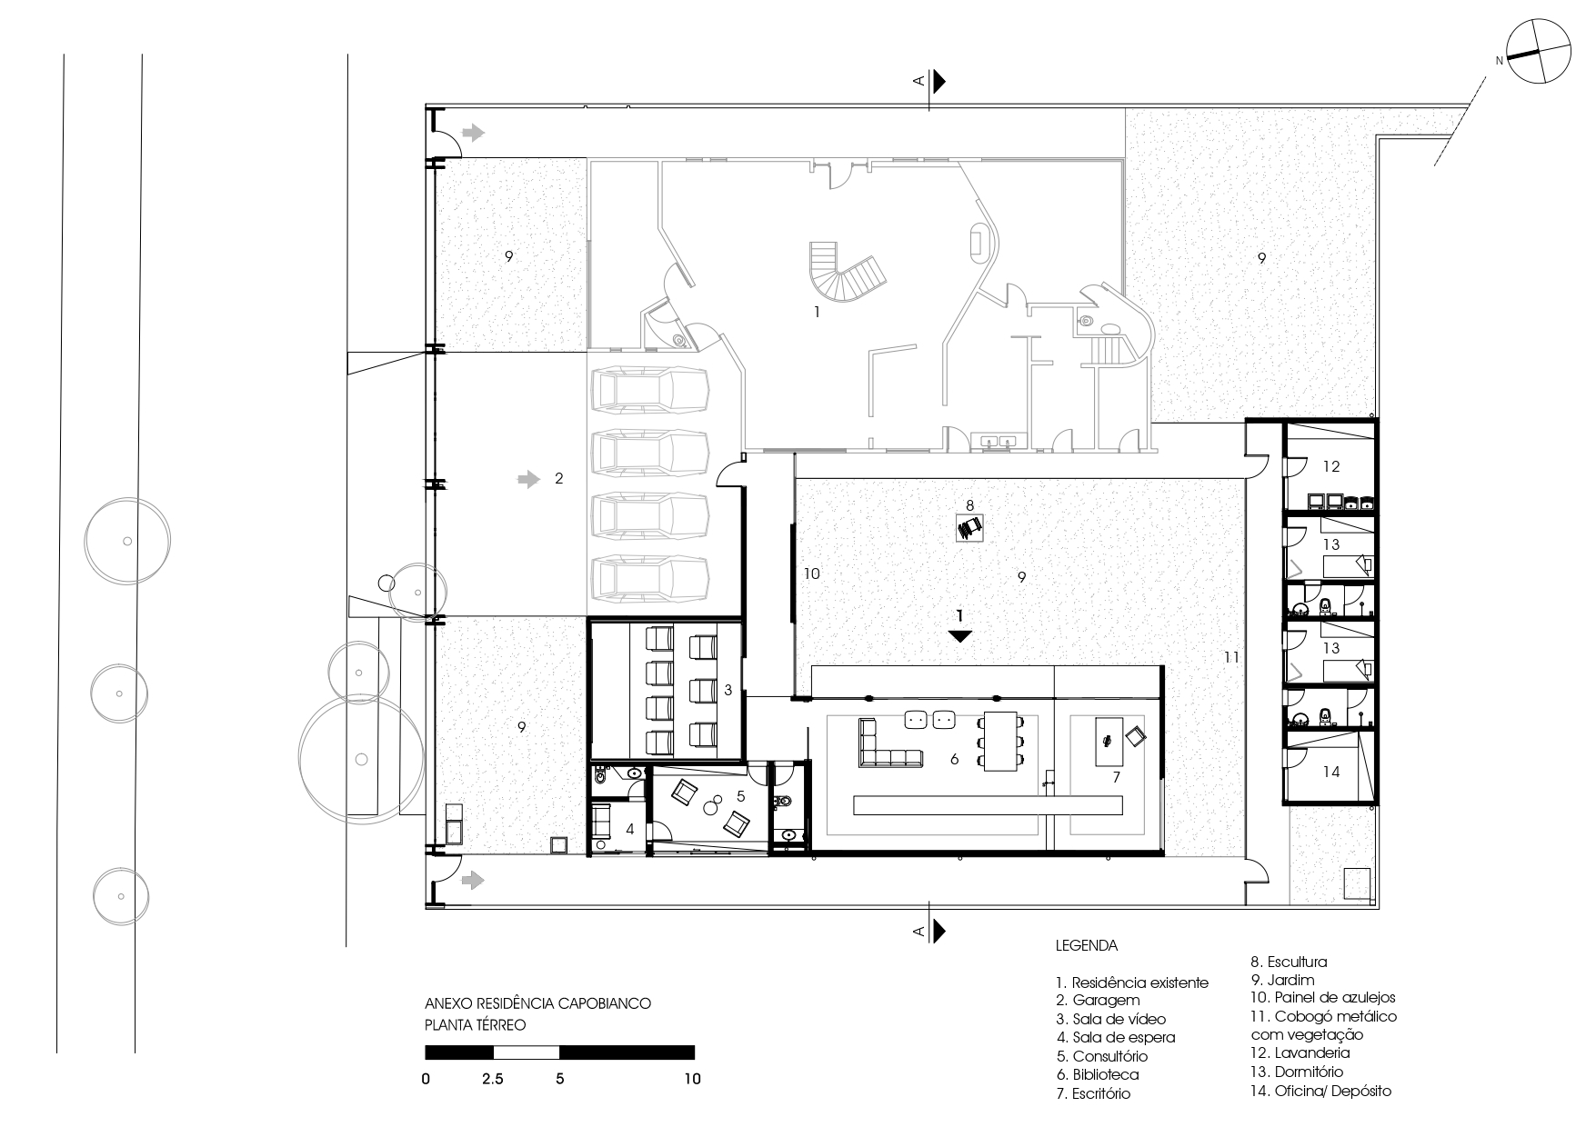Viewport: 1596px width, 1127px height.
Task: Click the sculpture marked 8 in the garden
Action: pyautogui.click(x=969, y=527)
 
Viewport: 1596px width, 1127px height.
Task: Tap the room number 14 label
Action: pyautogui.click(x=1331, y=772)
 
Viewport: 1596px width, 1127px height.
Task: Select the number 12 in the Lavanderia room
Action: pyautogui.click(x=1331, y=467)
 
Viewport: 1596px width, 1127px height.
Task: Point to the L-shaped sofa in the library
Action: pyautogui.click(x=887, y=745)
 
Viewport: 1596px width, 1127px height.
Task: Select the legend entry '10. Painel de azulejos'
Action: pyautogui.click(x=1323, y=997)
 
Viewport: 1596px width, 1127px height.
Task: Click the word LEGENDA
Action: pyautogui.click(x=1087, y=945)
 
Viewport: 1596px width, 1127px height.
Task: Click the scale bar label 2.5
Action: pyautogui.click(x=494, y=1080)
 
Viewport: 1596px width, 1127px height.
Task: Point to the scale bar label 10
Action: pyautogui.click(x=692, y=1080)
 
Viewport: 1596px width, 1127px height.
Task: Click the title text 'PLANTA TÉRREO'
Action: pyautogui.click(x=476, y=1024)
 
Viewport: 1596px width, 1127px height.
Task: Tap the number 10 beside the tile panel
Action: pyautogui.click(x=811, y=573)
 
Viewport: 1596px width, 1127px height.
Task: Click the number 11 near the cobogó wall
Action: pyautogui.click(x=1231, y=656)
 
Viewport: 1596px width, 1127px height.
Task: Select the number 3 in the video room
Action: pyautogui.click(x=728, y=691)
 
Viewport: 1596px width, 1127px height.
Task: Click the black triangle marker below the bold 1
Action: pyautogui.click(x=960, y=636)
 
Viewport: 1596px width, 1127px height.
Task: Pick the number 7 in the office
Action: pyautogui.click(x=1116, y=778)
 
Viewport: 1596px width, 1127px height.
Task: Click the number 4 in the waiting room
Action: pyautogui.click(x=629, y=829)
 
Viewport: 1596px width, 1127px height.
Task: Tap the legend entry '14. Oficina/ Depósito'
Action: pyautogui.click(x=1320, y=1091)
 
